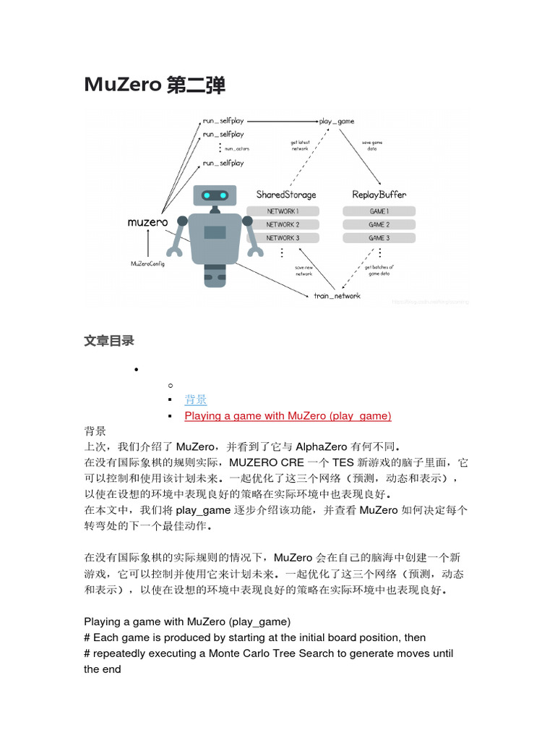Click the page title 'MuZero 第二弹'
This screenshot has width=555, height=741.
[155, 85]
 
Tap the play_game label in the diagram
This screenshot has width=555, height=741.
[337, 121]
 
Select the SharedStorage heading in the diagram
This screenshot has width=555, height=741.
[286, 195]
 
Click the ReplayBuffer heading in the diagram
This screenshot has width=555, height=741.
[379, 195]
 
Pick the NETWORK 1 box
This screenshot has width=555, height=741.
[283, 211]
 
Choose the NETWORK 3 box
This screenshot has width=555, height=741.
[283, 238]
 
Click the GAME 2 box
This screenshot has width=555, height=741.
[379, 225]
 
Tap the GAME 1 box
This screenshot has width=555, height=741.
[379, 211]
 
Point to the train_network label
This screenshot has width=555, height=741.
[337, 295]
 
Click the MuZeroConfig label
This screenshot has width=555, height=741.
[148, 263]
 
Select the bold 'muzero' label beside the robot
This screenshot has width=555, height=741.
[147, 222]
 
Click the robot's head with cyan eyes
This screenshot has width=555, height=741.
[215, 195]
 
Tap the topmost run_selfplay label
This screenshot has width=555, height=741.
[223, 121]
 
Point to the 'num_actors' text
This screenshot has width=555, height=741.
[236, 148]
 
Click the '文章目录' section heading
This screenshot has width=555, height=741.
[109, 340]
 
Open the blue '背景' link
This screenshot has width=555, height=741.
[196, 399]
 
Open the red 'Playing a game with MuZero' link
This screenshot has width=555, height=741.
[288, 415]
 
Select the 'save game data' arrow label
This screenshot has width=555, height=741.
[372, 145]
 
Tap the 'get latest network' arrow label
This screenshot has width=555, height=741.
[300, 145]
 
